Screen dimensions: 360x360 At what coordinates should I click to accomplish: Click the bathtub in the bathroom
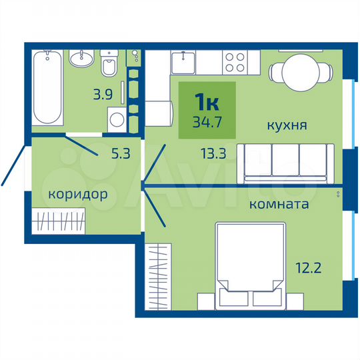point(48,87)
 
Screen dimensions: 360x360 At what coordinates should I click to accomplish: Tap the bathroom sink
point(85,59)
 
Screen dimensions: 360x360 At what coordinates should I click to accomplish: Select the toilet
point(109,66)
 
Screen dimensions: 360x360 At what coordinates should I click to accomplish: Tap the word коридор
point(78,195)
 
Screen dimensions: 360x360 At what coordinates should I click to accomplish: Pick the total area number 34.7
point(207,123)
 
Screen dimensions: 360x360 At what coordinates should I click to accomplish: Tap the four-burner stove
point(234,62)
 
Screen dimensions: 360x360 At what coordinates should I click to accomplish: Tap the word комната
point(279,204)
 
